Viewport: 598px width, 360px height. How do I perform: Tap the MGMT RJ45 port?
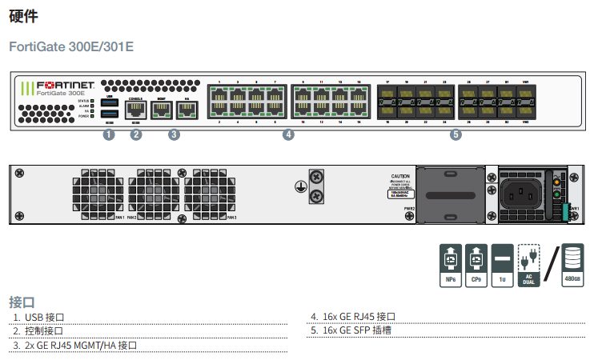(x=162, y=110)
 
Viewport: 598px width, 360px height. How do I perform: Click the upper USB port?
(x=110, y=102)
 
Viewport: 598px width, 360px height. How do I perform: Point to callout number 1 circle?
(x=109, y=134)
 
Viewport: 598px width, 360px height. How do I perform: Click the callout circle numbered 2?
(x=136, y=134)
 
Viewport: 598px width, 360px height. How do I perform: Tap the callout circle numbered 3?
(x=174, y=134)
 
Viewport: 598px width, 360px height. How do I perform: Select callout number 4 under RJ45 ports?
(x=288, y=134)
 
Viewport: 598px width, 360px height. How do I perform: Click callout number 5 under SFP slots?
(x=456, y=134)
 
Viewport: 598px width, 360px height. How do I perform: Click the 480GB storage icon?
(x=572, y=265)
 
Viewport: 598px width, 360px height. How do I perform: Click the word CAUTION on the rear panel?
(x=400, y=176)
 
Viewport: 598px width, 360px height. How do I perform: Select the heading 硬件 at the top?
(x=23, y=15)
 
